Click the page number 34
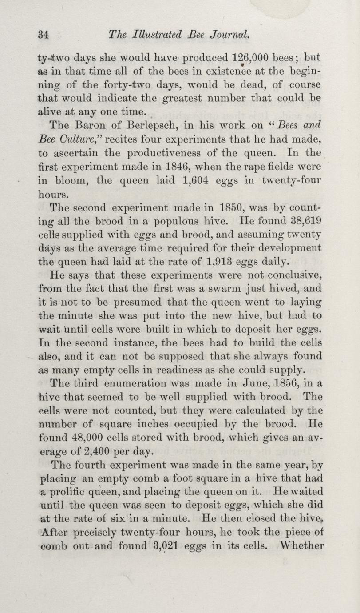pos(43,33)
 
